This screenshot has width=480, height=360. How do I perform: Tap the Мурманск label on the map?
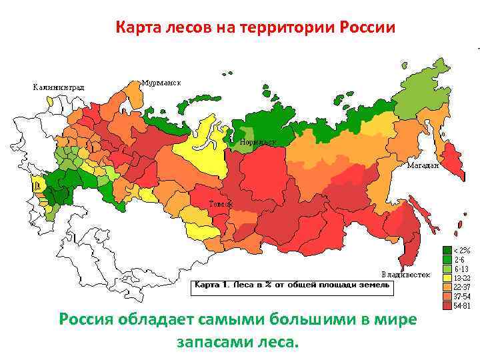coord(162,83)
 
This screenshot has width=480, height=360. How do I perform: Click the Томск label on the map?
coord(221,203)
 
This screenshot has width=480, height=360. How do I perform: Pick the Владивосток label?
coord(405,274)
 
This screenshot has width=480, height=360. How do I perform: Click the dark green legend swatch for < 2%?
coord(445,251)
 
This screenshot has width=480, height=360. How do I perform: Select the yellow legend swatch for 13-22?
coord(445,278)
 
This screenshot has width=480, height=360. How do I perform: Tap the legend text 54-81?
coord(463,306)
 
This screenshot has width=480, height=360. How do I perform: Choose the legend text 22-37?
coord(463,287)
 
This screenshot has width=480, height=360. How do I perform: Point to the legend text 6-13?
coord(461,269)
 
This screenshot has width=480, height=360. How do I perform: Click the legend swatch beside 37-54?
coord(445,297)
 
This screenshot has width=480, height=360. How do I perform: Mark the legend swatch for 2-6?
coord(445,260)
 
